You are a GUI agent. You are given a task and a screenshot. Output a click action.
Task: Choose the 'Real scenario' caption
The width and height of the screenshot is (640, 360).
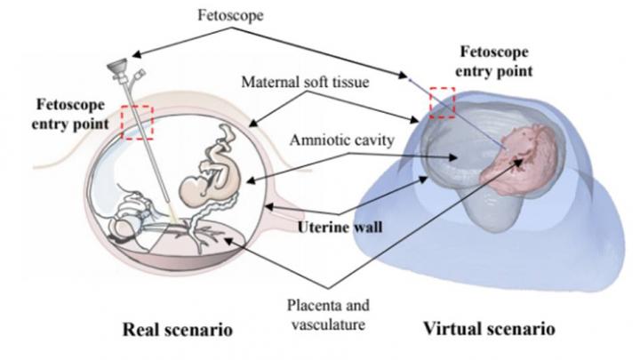(178, 330)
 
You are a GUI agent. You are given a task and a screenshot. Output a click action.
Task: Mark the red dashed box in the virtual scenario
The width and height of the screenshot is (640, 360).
(442, 101)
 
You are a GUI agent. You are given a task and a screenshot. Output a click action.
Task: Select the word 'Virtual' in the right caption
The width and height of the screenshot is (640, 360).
(461, 329)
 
